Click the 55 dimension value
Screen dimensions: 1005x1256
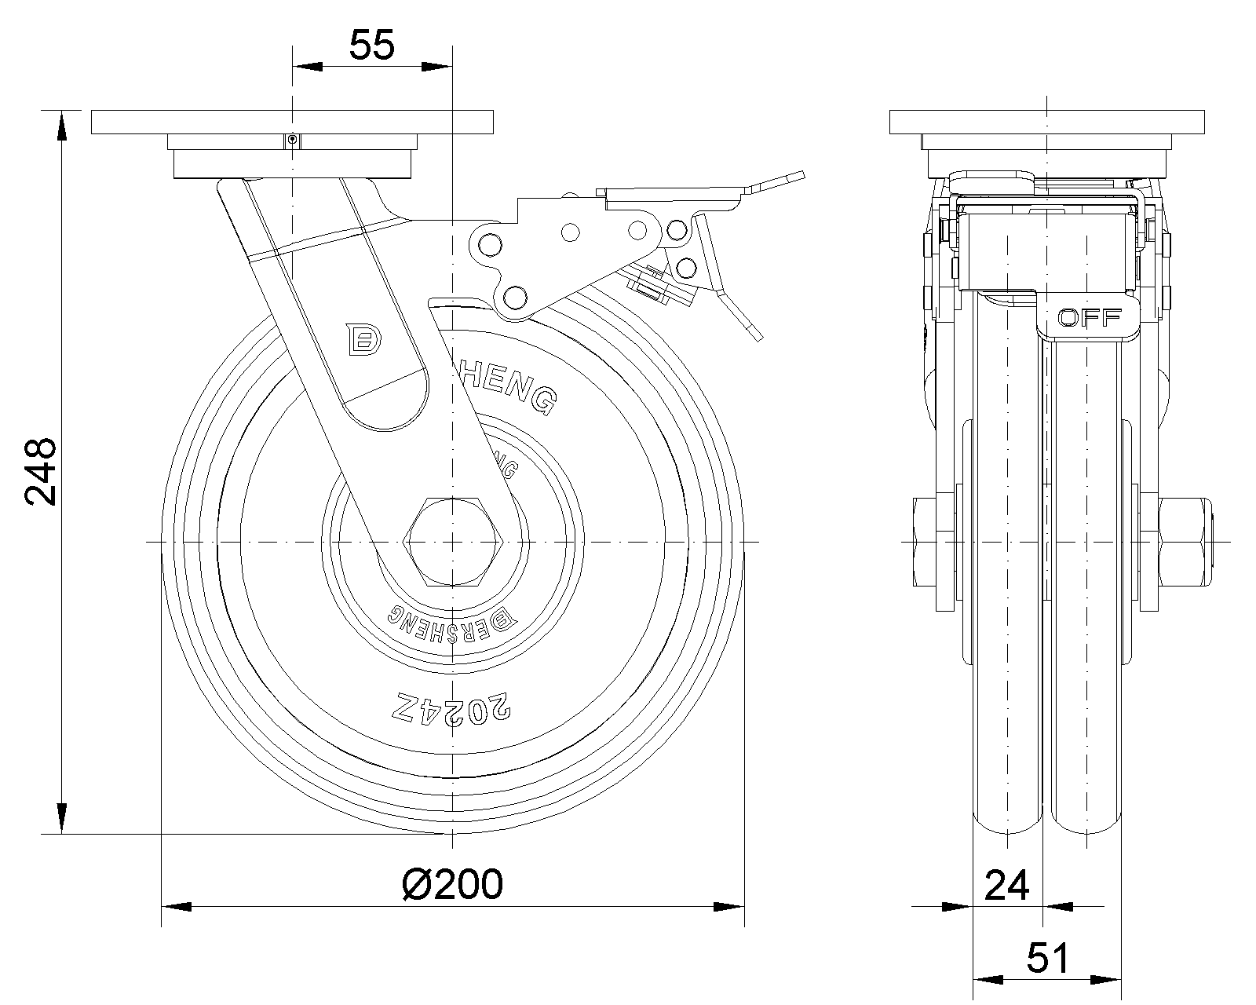[x=371, y=46]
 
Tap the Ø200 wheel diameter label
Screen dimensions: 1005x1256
[x=452, y=885]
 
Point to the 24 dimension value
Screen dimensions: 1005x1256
[x=1006, y=886]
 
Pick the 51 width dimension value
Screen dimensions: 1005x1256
[x=1048, y=959]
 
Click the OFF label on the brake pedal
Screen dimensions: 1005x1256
[x=1089, y=318]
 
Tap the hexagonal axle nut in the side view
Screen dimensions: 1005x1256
[x=453, y=542]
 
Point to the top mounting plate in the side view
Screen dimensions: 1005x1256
[x=1047, y=122]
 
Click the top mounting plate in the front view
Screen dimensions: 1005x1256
[x=292, y=122]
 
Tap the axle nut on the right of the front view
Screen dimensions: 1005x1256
[x=1184, y=542]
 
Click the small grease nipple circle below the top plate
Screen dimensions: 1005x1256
[x=292, y=141]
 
